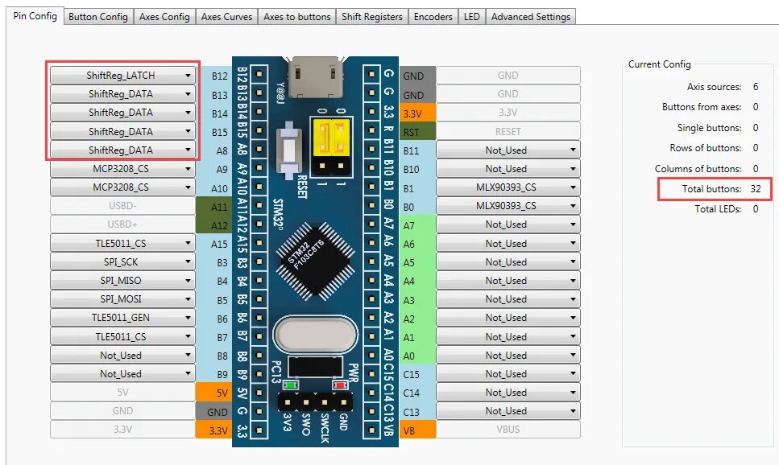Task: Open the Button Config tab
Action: [98, 17]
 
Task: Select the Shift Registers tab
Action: [371, 17]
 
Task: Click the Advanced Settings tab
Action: [530, 17]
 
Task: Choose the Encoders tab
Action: [433, 17]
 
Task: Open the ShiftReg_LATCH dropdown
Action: [122, 76]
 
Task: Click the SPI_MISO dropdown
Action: [122, 281]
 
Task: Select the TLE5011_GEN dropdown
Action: [122, 318]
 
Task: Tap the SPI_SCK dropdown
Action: [122, 262]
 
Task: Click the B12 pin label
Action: [219, 76]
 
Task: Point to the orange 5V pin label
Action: [219, 393]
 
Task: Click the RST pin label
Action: [412, 132]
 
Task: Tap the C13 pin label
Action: [412, 411]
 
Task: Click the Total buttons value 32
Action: [755, 189]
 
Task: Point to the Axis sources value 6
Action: [755, 86]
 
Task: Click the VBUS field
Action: [508, 430]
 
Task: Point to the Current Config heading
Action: [659, 64]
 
